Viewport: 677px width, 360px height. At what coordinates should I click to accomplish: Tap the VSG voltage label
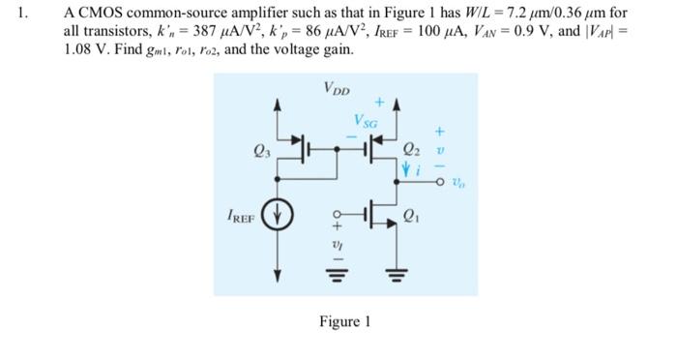coord(368,123)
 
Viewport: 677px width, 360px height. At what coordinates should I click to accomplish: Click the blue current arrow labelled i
coord(405,170)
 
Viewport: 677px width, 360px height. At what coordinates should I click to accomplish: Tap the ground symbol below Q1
coord(397,273)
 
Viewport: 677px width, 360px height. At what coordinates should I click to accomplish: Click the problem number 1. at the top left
coord(30,15)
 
